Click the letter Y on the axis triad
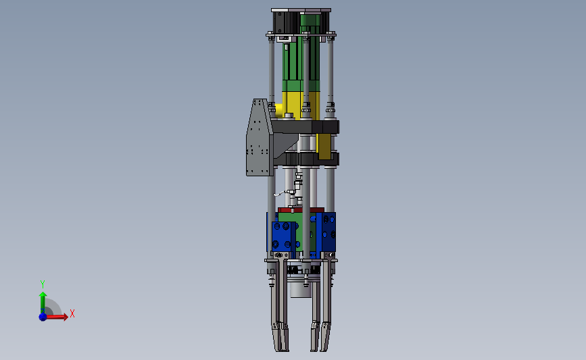coord(42,284)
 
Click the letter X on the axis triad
coord(72,313)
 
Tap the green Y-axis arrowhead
coord(43,294)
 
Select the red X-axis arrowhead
coord(66,317)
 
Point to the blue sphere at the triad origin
coord(43,317)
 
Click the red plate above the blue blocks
coord(301,210)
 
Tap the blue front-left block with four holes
coord(282,236)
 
